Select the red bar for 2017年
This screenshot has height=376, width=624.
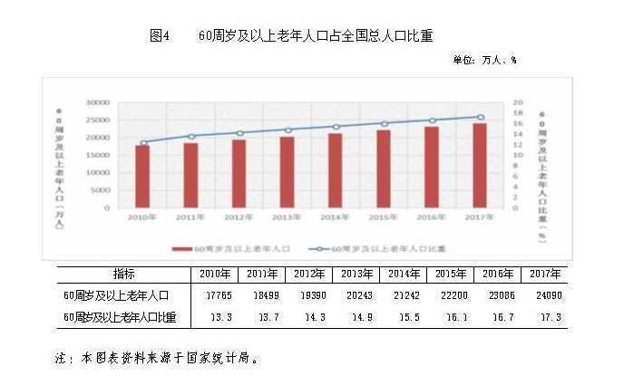click(480, 166)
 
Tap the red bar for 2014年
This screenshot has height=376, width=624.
click(336, 170)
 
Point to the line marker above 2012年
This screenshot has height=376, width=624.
click(239, 133)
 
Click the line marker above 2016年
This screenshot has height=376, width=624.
click(432, 121)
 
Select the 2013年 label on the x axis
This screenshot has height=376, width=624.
click(288, 218)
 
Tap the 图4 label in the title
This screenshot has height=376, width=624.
click(161, 36)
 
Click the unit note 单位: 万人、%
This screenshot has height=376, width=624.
click(484, 60)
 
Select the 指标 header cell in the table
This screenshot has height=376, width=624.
click(124, 274)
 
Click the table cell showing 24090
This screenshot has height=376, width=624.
click(544, 295)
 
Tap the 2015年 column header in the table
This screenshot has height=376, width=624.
click(450, 274)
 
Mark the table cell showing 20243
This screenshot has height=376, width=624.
click(356, 295)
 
